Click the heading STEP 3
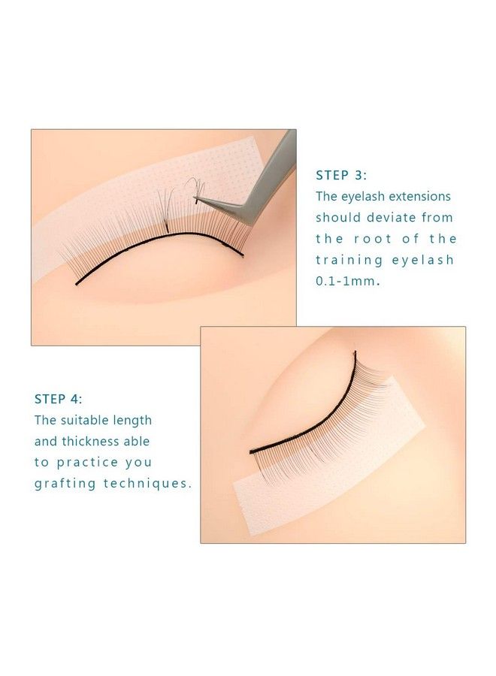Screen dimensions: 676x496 click(341, 175)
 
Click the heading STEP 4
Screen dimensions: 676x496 click(60, 399)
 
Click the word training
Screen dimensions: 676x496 click(349, 260)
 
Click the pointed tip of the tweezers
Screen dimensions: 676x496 click(195, 200)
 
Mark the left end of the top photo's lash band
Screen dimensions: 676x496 click(77, 284)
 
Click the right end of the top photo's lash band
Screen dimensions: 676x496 click(242, 255)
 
